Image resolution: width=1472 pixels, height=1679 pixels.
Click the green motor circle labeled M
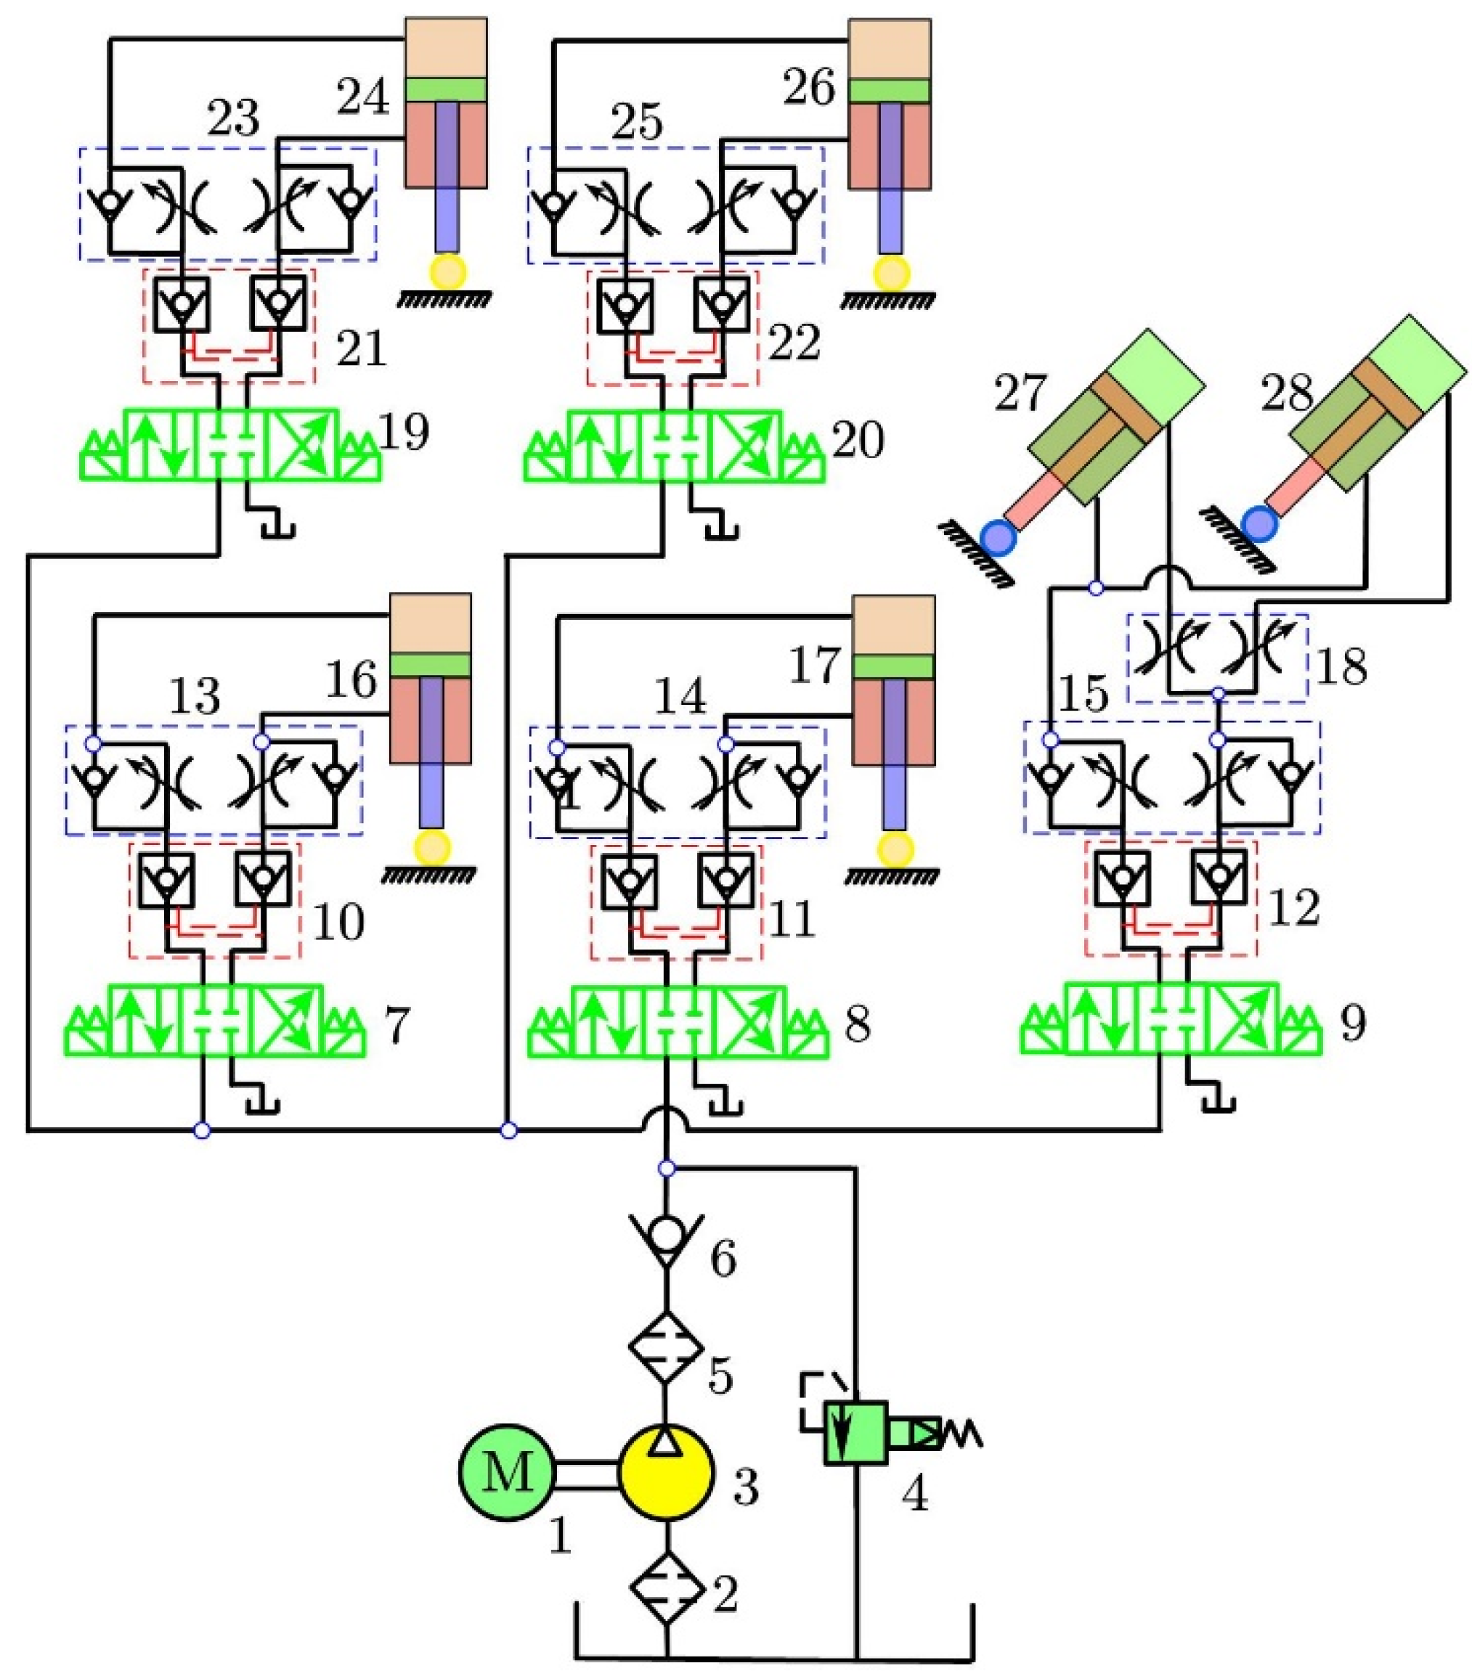(x=507, y=1473)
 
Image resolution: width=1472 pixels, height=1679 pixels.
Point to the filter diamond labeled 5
(x=666, y=1347)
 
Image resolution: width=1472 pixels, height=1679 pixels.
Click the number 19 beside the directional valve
(x=404, y=433)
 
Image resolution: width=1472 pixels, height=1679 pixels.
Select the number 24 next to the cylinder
(x=362, y=99)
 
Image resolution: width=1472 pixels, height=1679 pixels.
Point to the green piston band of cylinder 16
(x=431, y=663)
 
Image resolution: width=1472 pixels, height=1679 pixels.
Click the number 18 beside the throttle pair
(x=1341, y=666)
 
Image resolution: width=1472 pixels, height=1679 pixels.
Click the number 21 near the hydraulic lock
(x=362, y=351)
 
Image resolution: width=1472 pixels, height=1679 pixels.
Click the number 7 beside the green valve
(x=396, y=1026)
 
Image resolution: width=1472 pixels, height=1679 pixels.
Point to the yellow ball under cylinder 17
(x=895, y=849)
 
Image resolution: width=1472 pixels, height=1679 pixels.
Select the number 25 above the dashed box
(x=638, y=123)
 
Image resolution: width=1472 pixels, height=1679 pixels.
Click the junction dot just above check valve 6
(x=667, y=1167)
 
